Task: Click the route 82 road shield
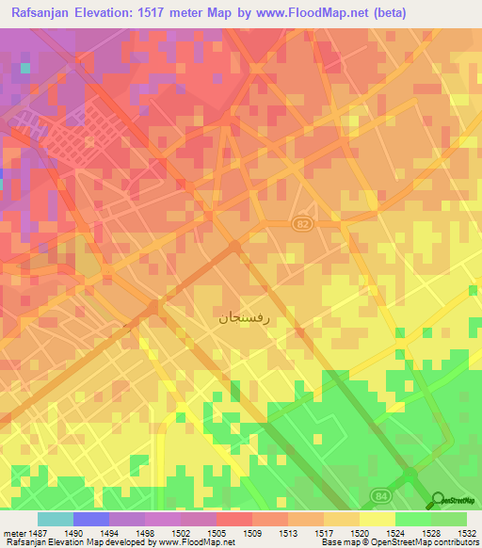[x=299, y=223]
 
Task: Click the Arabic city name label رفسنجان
[x=244, y=317]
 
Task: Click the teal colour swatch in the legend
[x=56, y=519]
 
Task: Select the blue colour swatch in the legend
[x=91, y=519]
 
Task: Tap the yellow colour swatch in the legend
[x=377, y=519]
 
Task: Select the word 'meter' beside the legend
[x=12, y=532]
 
